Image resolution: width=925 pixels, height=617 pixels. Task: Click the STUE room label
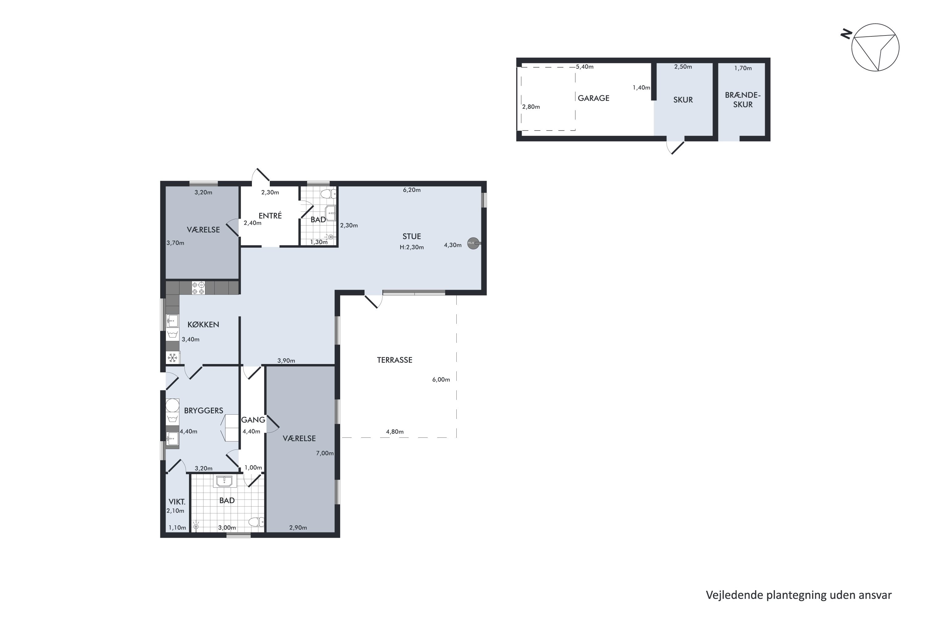click(411, 237)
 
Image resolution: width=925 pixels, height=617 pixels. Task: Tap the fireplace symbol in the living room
click(474, 243)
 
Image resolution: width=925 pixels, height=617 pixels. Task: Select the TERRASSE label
click(394, 360)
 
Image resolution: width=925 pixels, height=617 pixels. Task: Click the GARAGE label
click(594, 98)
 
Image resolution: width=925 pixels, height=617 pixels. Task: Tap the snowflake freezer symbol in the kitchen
click(172, 358)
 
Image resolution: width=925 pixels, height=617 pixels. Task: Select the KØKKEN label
click(203, 325)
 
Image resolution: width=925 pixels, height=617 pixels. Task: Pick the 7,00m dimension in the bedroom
click(325, 453)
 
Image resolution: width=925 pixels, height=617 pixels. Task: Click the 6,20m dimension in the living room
click(412, 190)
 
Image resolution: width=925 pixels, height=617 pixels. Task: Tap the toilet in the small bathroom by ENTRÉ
click(328, 194)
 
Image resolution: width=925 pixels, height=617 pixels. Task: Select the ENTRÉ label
click(270, 216)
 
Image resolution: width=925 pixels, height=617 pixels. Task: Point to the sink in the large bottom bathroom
click(224, 481)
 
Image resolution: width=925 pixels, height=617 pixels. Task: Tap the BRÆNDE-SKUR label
click(742, 100)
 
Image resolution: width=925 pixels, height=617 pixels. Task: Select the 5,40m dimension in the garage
click(585, 67)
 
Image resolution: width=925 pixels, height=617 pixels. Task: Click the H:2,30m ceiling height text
click(412, 247)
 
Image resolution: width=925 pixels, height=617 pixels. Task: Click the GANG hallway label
click(253, 420)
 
